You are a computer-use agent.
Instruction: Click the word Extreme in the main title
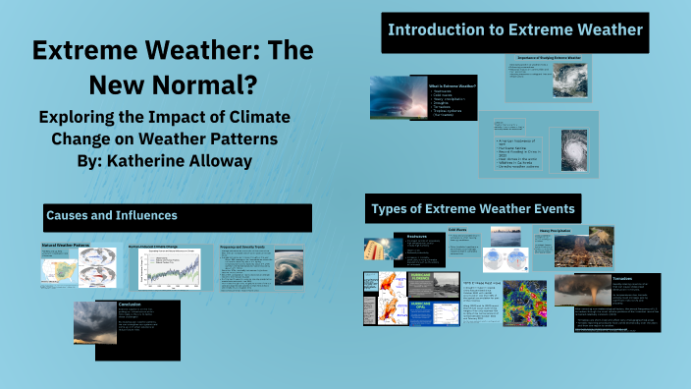coord(91,52)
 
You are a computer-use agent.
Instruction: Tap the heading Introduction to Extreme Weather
coord(514,31)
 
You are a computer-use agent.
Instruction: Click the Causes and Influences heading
coord(111,214)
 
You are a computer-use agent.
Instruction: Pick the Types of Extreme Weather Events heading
coord(472,208)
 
